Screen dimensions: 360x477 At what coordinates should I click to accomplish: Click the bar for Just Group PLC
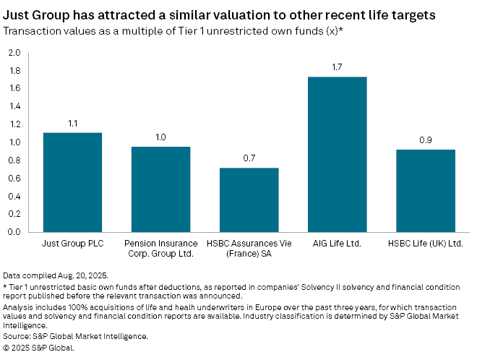click(72, 182)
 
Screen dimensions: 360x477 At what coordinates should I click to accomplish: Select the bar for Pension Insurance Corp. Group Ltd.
click(160, 189)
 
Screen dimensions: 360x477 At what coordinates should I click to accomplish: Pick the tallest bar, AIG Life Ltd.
click(337, 155)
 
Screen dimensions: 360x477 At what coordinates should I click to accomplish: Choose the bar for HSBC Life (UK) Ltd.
click(425, 191)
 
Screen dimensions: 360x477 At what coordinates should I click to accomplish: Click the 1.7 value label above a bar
click(337, 67)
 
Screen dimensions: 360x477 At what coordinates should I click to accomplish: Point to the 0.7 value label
click(249, 158)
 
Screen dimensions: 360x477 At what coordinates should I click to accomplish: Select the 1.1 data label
click(72, 123)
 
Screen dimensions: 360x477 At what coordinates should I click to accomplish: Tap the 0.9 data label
click(425, 140)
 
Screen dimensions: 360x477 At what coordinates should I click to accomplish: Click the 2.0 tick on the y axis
click(14, 53)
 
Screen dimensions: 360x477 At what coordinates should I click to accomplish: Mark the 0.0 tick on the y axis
click(14, 233)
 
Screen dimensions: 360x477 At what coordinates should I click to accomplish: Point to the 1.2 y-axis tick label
click(14, 124)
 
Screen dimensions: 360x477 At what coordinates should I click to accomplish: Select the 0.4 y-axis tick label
click(14, 197)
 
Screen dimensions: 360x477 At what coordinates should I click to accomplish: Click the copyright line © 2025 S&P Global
click(38, 348)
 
